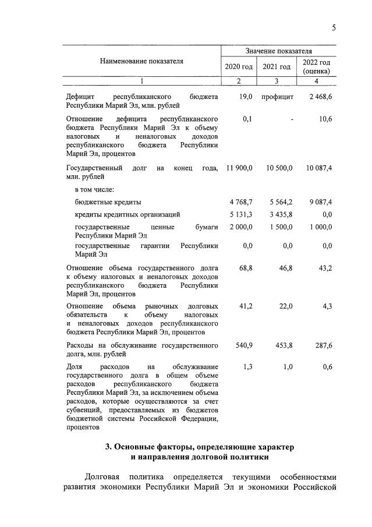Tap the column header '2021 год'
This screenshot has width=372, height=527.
pyautogui.click(x=277, y=66)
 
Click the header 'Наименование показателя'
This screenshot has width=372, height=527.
pyautogui.click(x=141, y=61)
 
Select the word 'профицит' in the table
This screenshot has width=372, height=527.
pyautogui.click(x=277, y=96)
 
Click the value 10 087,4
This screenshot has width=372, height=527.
pyautogui.click(x=318, y=168)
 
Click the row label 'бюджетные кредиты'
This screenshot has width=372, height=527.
pyautogui.click(x=108, y=202)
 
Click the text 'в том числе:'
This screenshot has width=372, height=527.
pyautogui.click(x=94, y=189)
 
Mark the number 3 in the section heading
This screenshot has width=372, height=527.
pyautogui.click(x=108, y=447)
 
